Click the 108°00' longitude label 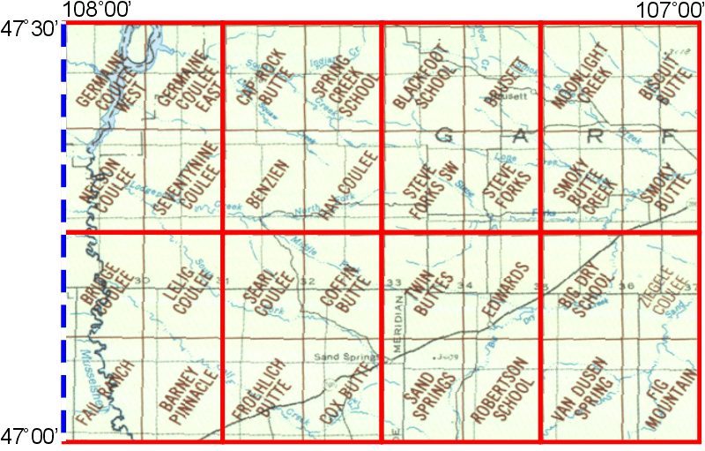(98, 11)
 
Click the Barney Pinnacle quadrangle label (188, 391)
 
